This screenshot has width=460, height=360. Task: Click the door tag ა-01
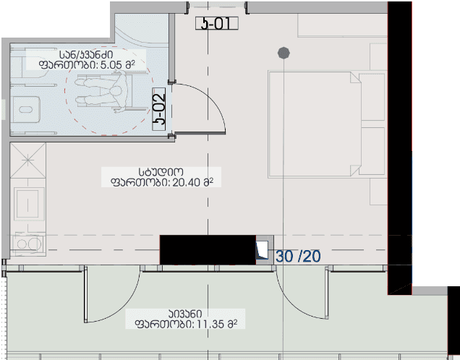(216, 23)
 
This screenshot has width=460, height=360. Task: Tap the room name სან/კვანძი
(86, 54)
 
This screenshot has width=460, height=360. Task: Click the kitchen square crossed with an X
(28, 160)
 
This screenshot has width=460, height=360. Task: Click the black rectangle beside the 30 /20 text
(208, 250)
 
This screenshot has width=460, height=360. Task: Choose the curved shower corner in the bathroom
(141, 29)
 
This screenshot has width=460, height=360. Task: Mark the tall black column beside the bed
(399, 145)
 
